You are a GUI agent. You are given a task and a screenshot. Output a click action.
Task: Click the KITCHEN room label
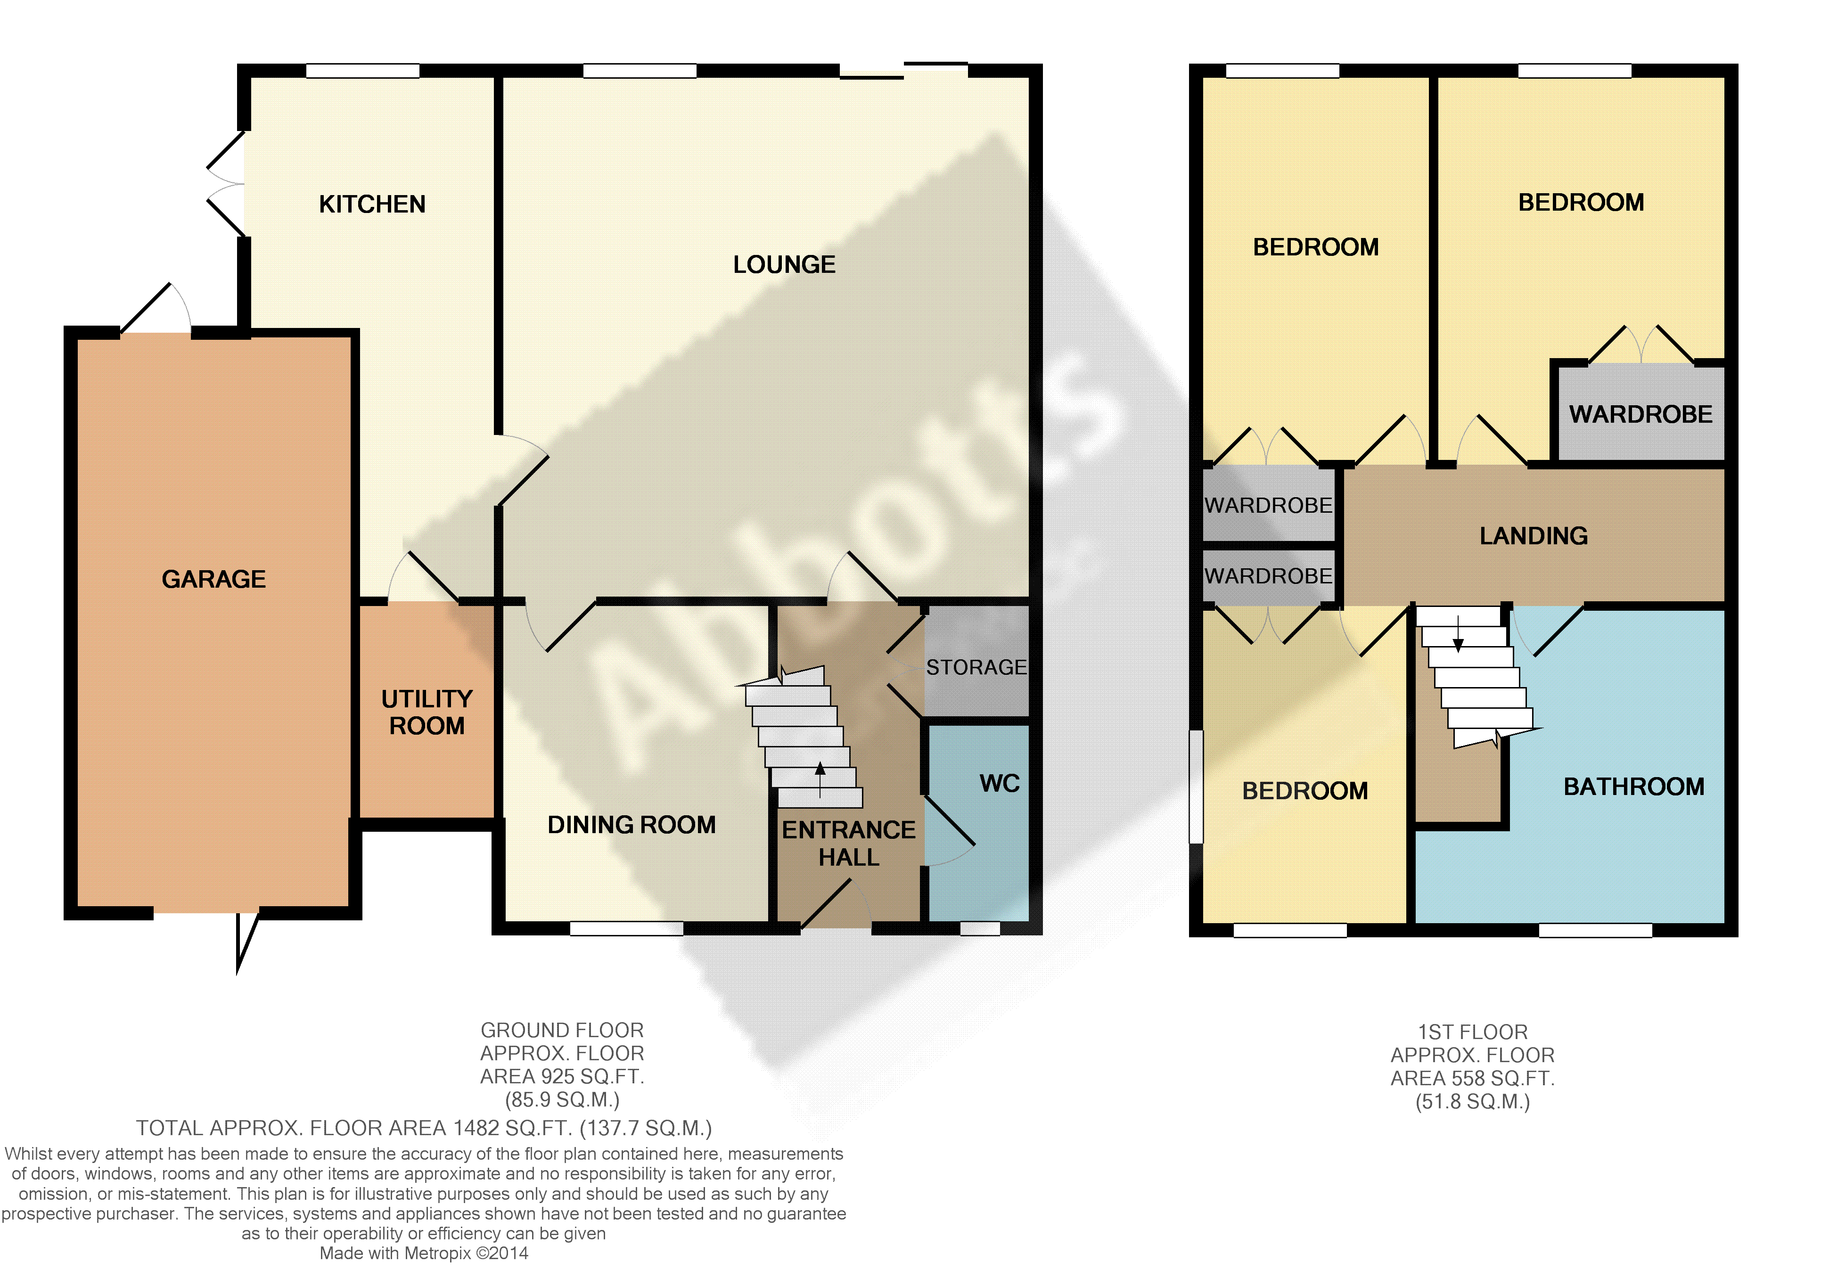[x=372, y=204]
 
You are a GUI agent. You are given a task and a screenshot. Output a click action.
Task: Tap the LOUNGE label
[x=784, y=264]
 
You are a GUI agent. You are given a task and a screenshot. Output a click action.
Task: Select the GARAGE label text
[x=213, y=579]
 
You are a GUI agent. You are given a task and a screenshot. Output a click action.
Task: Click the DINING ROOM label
[x=632, y=825]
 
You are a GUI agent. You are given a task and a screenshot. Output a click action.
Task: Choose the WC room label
[x=999, y=784]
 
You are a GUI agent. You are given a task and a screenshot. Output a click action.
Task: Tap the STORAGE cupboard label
[x=976, y=667]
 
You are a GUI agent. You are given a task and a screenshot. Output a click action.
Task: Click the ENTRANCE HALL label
[x=849, y=843]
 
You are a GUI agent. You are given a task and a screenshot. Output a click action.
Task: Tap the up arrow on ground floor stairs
[x=820, y=780]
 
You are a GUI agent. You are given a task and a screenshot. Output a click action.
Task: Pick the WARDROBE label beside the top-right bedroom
[x=1640, y=414]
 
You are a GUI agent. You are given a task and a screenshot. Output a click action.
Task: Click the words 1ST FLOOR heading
[x=1473, y=1032]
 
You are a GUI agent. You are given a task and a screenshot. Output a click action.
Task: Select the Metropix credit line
[x=424, y=1254]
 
